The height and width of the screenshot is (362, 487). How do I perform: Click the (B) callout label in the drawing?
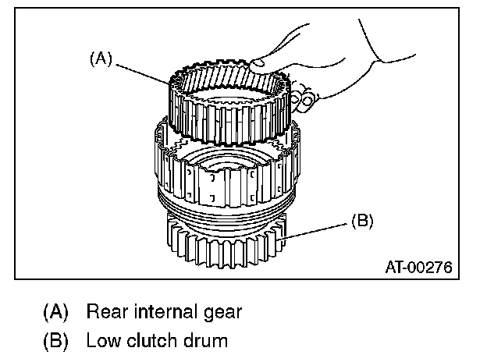click(361, 221)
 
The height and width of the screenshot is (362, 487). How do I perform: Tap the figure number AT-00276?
click(418, 267)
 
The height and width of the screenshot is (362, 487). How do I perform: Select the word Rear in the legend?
click(105, 312)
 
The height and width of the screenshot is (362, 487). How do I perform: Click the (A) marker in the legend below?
click(55, 312)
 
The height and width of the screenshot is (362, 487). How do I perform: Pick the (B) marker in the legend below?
click(55, 340)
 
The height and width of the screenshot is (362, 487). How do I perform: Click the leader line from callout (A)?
click(145, 72)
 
